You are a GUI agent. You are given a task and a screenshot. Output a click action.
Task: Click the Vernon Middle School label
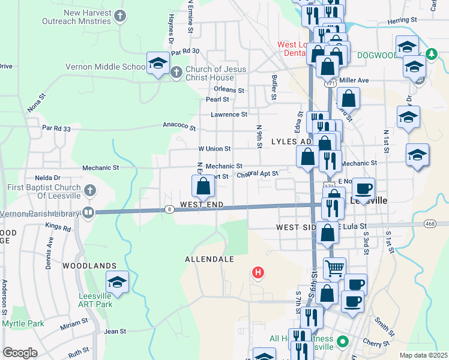pos(104,67)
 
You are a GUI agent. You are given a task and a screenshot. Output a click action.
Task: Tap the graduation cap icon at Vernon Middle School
pos(157,62)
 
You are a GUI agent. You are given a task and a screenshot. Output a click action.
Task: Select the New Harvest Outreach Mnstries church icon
pos(121,16)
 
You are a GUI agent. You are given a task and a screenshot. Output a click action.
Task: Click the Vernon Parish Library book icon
pos(88,212)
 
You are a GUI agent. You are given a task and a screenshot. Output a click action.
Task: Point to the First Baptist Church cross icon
pos(89,191)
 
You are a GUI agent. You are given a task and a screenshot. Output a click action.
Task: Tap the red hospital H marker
pos(258,273)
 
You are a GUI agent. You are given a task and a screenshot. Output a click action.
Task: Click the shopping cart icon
pos(334,267)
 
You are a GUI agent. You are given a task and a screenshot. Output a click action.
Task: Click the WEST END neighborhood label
pos(202,205)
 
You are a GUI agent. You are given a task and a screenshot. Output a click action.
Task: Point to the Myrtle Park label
pos(23,324)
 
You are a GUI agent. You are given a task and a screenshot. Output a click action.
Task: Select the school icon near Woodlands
pos(118,281)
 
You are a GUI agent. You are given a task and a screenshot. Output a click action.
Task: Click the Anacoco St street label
pos(179,127)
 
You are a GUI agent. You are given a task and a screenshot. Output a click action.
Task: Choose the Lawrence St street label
pos(229,114)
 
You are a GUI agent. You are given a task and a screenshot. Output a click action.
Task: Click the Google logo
pos(20,353)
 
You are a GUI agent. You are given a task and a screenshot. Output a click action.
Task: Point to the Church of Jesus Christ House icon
pos(176,73)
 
